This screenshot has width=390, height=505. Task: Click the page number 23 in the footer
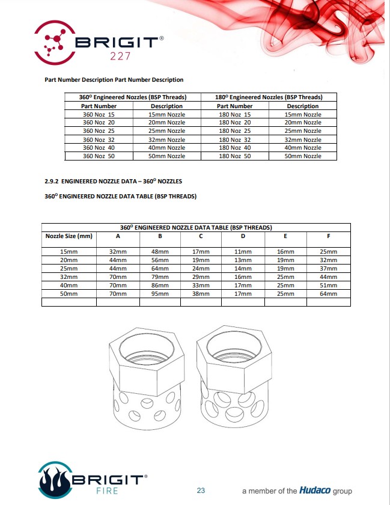click(201, 491)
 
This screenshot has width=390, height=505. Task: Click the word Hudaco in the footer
click(315, 491)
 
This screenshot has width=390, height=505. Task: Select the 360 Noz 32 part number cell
click(99, 139)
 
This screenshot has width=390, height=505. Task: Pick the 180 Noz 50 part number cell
click(234, 156)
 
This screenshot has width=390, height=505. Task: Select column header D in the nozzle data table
click(243, 236)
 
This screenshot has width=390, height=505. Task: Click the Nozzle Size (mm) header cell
click(69, 236)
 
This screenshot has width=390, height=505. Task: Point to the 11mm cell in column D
click(243, 251)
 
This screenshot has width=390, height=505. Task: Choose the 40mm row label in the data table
click(69, 286)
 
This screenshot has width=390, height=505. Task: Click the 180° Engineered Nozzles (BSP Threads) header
click(269, 97)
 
